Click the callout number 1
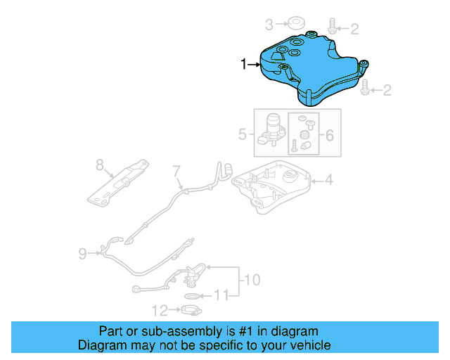244,65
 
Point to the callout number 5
242,132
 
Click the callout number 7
176,170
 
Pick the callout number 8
100,165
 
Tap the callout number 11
221,296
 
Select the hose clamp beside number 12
190,309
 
